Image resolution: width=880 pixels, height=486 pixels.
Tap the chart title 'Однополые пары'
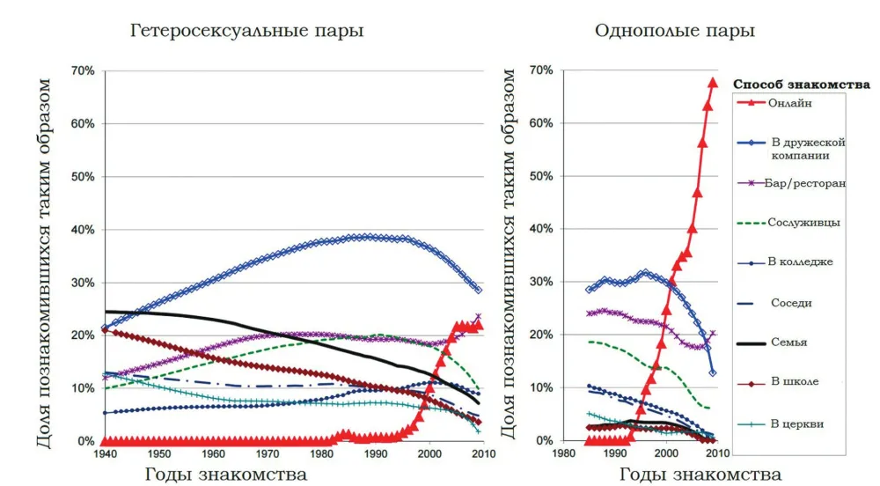click(674, 31)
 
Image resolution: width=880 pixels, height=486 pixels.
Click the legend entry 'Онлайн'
click(789, 103)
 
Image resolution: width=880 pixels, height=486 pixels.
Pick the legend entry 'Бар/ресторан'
click(805, 183)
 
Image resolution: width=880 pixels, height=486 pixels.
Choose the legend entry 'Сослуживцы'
click(803, 223)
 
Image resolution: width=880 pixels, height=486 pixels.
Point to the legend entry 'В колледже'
click(801, 262)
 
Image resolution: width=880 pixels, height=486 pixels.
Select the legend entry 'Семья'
click(788, 342)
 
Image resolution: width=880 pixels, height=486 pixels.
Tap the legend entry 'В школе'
click(794, 382)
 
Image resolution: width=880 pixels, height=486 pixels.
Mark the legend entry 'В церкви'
click(796, 423)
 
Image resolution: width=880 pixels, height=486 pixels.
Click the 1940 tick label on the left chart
click(106, 454)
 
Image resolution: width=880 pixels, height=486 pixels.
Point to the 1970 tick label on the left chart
click(268, 454)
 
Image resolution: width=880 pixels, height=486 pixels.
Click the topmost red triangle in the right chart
click(713, 83)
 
